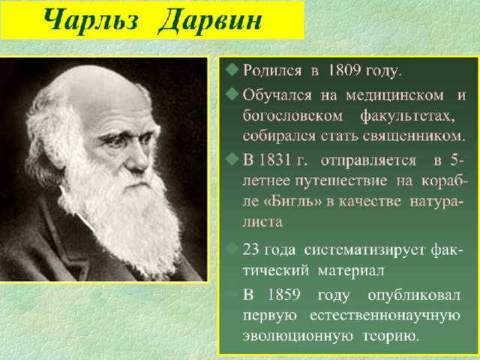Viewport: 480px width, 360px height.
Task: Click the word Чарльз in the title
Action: [91, 21]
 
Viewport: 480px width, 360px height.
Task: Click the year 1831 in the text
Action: [274, 160]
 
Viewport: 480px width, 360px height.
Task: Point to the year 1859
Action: [283, 295]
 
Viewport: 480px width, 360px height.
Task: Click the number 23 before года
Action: [251, 250]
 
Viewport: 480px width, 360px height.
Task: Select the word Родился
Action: [272, 70]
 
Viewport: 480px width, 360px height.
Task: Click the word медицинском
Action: [394, 96]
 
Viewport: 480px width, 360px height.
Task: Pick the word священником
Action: [414, 136]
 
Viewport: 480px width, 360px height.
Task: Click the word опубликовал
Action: [414, 295]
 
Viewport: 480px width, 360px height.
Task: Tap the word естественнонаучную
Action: [385, 316]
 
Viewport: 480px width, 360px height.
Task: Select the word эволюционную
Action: [298, 337]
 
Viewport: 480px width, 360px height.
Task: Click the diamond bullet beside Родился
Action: [232, 70]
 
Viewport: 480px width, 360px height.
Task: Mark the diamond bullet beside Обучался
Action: [232, 94]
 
